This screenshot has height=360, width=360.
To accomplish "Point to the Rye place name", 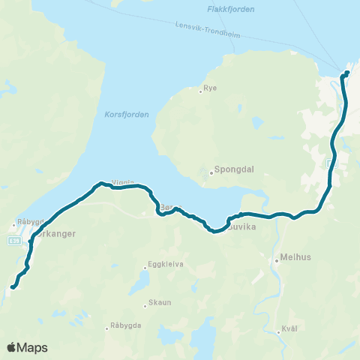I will [x=211, y=88].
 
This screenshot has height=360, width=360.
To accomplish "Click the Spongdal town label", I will [x=235, y=170].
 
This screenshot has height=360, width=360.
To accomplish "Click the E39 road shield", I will [x=14, y=240].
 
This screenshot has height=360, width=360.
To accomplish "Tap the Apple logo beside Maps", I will [x=12, y=347].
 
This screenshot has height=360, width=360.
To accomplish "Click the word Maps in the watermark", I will [x=33, y=347].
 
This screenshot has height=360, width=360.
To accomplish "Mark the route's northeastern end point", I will [x=346, y=73].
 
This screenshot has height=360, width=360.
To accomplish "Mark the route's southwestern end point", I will [x=13, y=286].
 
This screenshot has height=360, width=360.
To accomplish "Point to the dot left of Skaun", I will [x=145, y=305].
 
